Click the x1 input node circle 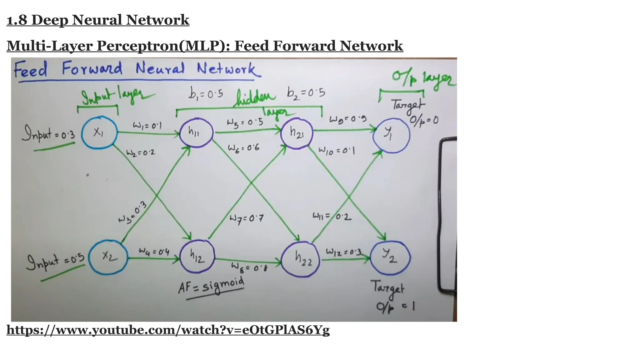click(x=99, y=133)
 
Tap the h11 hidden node click(x=196, y=132)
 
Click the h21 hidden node click(x=297, y=133)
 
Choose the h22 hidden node click(x=301, y=259)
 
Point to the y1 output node click(x=391, y=135)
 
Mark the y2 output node click(x=390, y=257)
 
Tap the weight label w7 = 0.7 click(x=246, y=218)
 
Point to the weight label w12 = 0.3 click(x=343, y=252)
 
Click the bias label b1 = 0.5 click(x=206, y=93)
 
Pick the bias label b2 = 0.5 click(x=306, y=92)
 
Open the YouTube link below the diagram click(x=168, y=330)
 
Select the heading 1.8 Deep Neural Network click(x=98, y=20)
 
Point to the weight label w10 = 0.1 click(x=336, y=151)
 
